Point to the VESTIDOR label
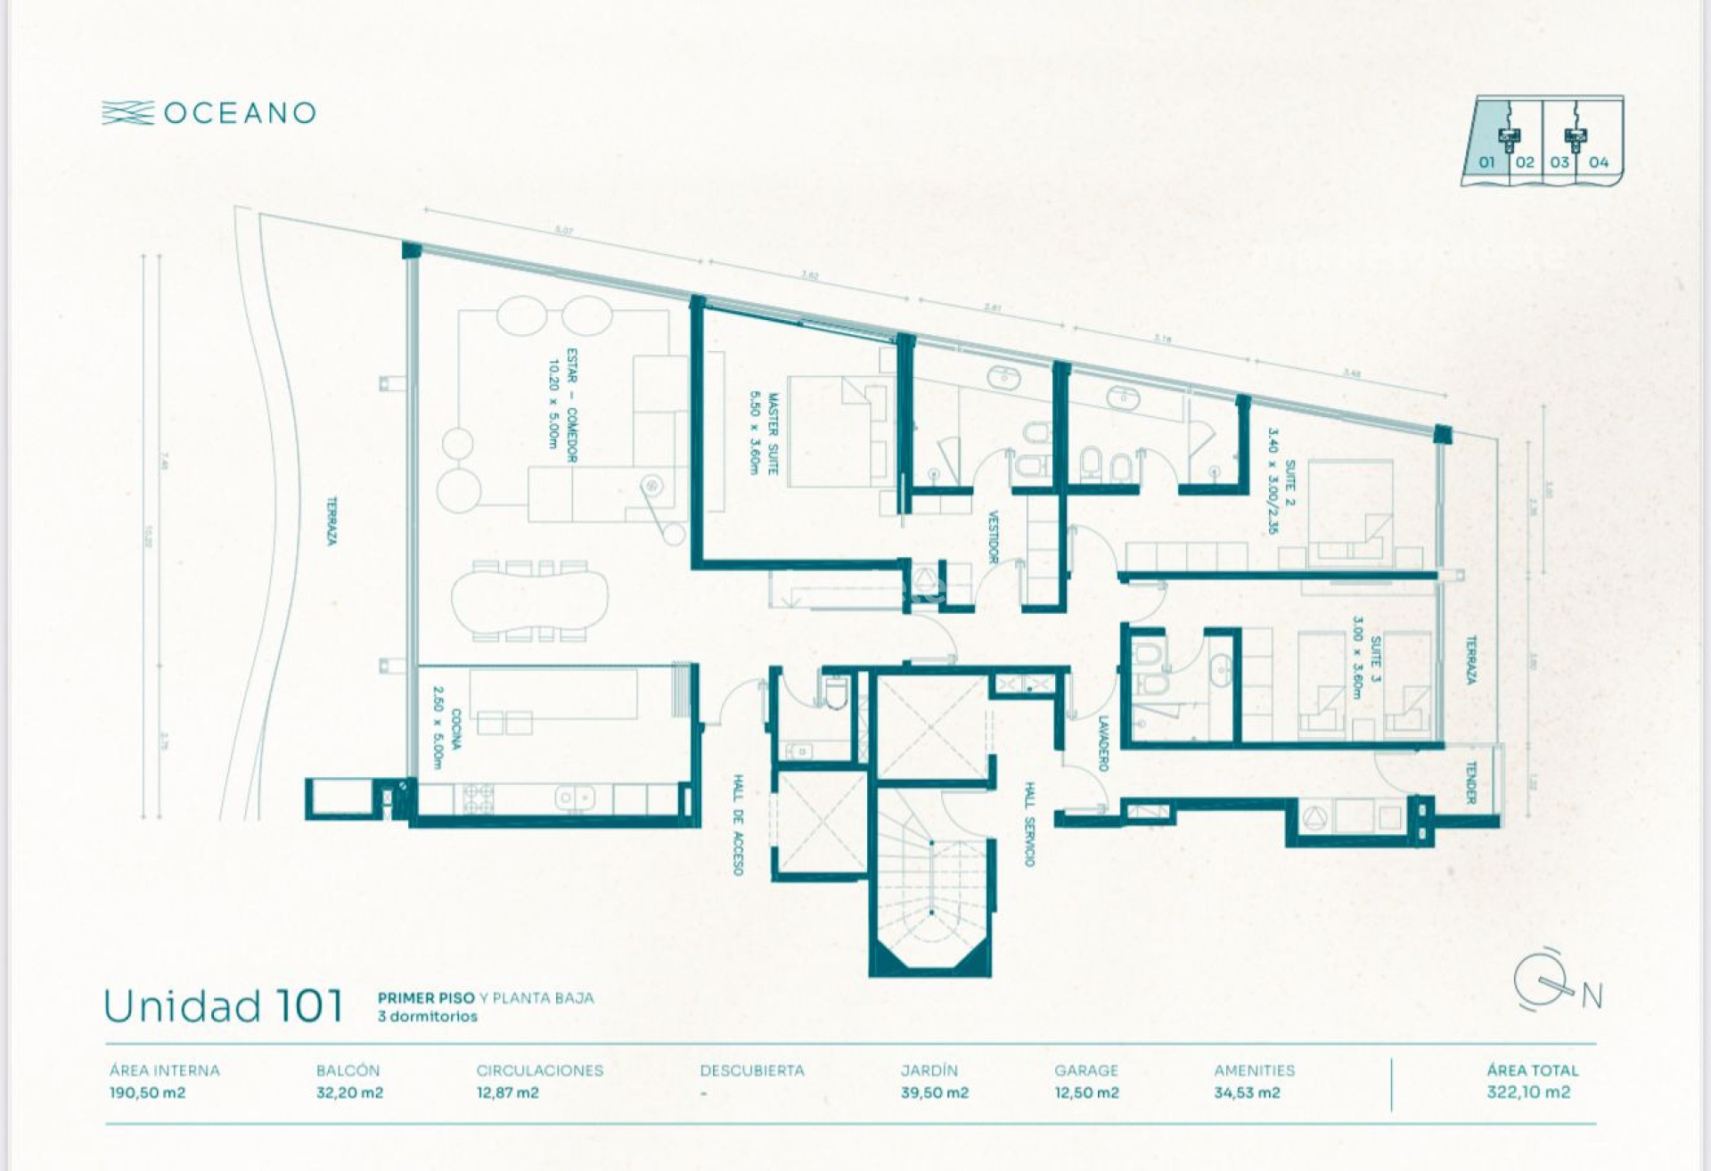[994, 536]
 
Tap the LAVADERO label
[1103, 743]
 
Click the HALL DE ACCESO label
[738, 824]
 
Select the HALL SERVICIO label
[1029, 824]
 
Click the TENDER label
[1471, 782]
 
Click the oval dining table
[529, 601]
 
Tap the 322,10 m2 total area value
[1527, 1093]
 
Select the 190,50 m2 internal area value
[147, 1093]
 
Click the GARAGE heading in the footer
[1085, 1070]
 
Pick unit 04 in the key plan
[1599, 162]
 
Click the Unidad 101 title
[223, 1006]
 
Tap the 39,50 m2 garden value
[934, 1093]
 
